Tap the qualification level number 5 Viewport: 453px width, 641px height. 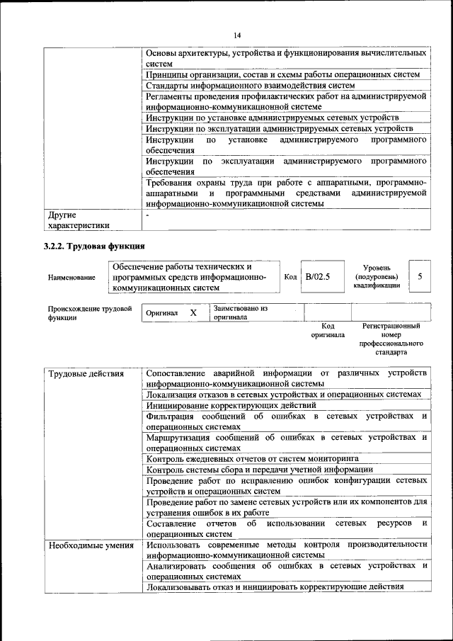420,276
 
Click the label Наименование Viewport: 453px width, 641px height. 71,278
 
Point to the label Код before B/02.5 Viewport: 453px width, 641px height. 289,276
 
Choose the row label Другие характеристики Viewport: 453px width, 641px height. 79,219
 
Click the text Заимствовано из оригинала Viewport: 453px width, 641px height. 240,313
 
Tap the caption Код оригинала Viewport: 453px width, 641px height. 328,330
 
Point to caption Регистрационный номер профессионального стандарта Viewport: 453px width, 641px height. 391,339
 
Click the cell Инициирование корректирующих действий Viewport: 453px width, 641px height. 231,406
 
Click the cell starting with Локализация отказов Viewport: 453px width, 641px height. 284,395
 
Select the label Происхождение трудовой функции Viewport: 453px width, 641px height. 90,313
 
